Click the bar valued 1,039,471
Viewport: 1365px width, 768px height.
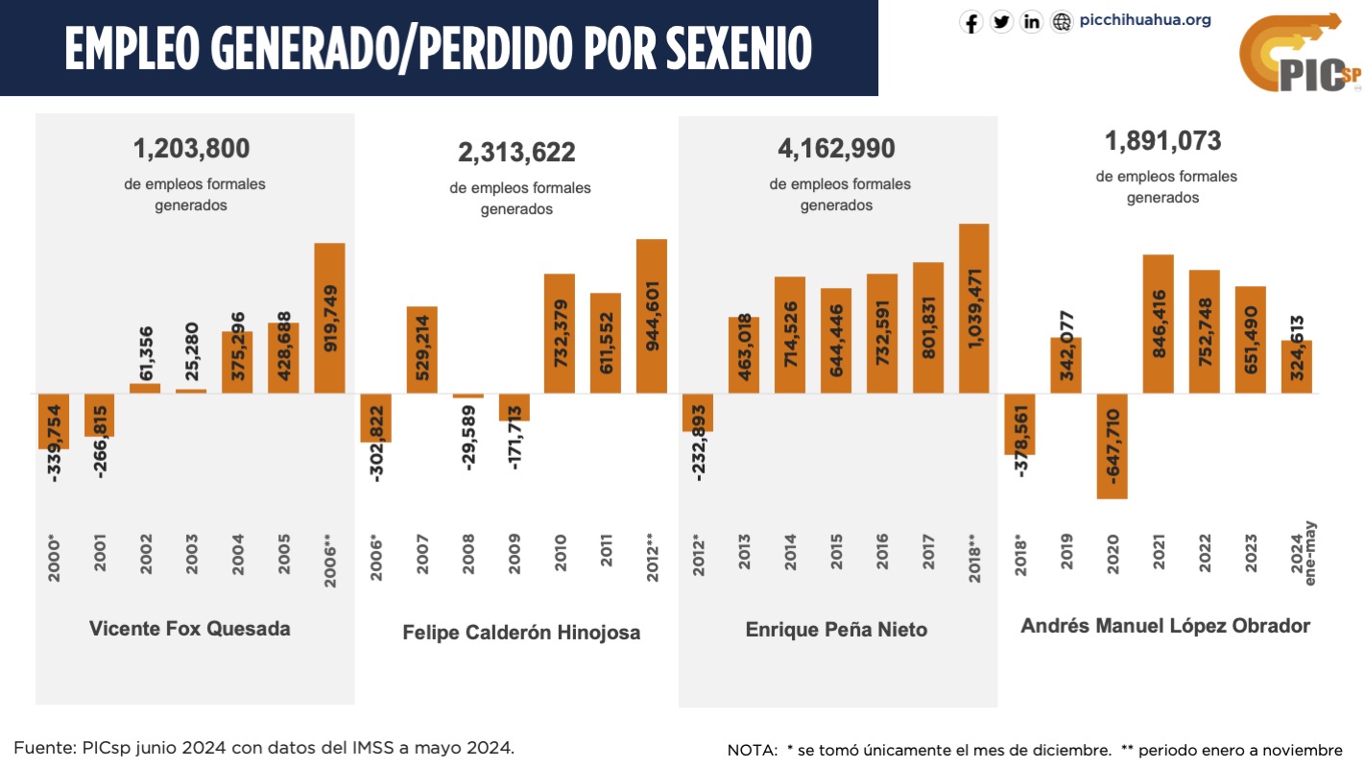[973, 308]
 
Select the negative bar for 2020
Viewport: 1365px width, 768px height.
[1112, 446]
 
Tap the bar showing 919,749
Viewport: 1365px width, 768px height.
[329, 318]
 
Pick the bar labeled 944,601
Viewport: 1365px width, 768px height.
[652, 316]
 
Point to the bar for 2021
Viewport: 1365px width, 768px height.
[1158, 324]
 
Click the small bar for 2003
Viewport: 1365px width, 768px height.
[191, 391]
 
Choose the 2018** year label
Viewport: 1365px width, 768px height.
[974, 553]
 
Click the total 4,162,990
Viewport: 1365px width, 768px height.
[836, 149]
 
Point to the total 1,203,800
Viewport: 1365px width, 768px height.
[191, 149]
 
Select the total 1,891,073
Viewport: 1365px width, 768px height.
[1162, 141]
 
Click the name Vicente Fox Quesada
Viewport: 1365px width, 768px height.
[189, 629]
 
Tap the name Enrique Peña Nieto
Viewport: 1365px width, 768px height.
[836, 630]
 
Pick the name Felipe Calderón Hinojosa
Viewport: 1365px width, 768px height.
[520, 633]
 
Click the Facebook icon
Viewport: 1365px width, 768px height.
[971, 22]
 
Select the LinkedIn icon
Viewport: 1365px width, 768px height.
[1032, 22]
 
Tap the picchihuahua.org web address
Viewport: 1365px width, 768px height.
[1145, 20]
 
